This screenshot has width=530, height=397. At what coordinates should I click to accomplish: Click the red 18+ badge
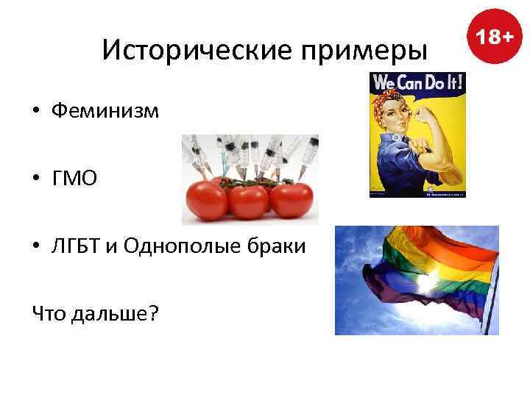point(493,36)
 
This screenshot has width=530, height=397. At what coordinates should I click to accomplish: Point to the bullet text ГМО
point(74,178)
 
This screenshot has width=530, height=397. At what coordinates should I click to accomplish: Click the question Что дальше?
point(95,313)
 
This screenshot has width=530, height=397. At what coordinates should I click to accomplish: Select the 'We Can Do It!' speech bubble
point(418,82)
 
